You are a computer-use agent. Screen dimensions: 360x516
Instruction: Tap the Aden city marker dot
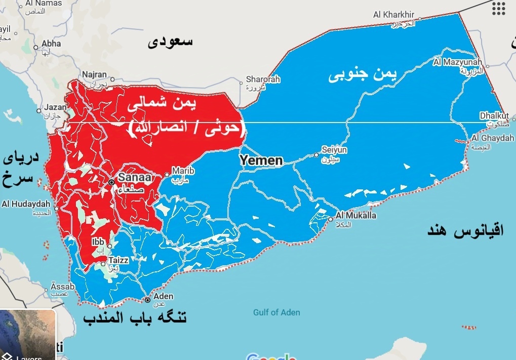(x=147, y=300)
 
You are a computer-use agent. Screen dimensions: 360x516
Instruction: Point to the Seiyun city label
(x=334, y=150)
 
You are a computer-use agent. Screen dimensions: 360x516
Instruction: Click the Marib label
(x=183, y=171)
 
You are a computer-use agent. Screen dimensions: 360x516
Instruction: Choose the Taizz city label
(x=118, y=260)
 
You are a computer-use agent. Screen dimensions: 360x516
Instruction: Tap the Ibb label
(x=98, y=242)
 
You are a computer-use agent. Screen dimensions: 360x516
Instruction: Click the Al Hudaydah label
(x=26, y=204)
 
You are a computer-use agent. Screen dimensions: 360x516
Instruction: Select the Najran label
(x=94, y=74)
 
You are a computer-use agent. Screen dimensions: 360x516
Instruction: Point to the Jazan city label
(x=55, y=107)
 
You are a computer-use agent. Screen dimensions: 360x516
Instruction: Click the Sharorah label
(x=263, y=79)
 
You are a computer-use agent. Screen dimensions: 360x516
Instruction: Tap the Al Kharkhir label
(x=394, y=15)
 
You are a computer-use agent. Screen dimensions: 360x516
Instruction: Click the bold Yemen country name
(x=261, y=161)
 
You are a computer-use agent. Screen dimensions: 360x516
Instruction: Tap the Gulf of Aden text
(x=276, y=312)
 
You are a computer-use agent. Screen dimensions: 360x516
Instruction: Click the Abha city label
(x=51, y=44)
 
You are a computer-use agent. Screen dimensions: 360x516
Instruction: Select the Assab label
(x=63, y=287)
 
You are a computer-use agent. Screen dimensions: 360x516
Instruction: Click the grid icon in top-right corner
(x=499, y=8)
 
